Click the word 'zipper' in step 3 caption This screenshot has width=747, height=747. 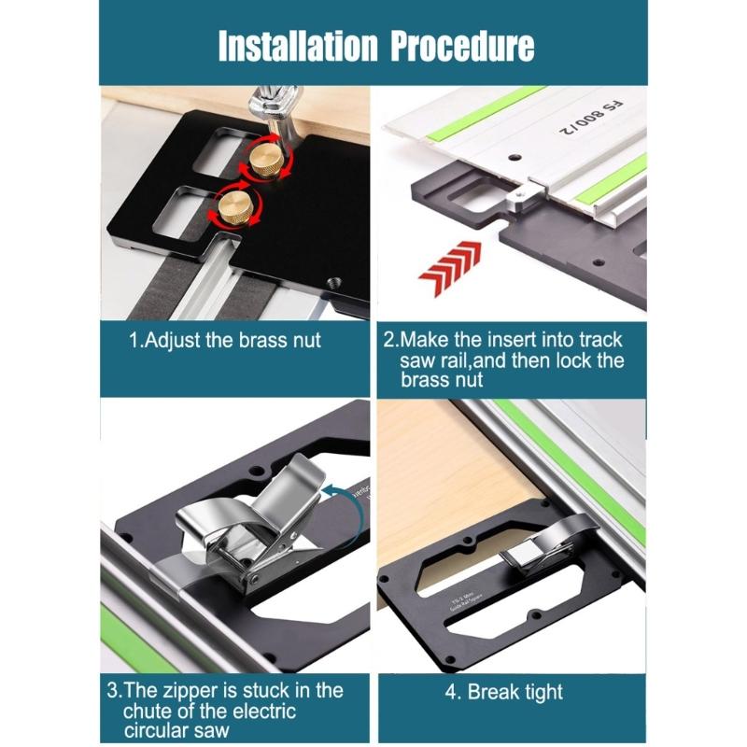(x=192, y=691)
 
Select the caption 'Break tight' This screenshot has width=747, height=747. (x=504, y=692)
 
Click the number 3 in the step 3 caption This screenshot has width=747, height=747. (x=112, y=691)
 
